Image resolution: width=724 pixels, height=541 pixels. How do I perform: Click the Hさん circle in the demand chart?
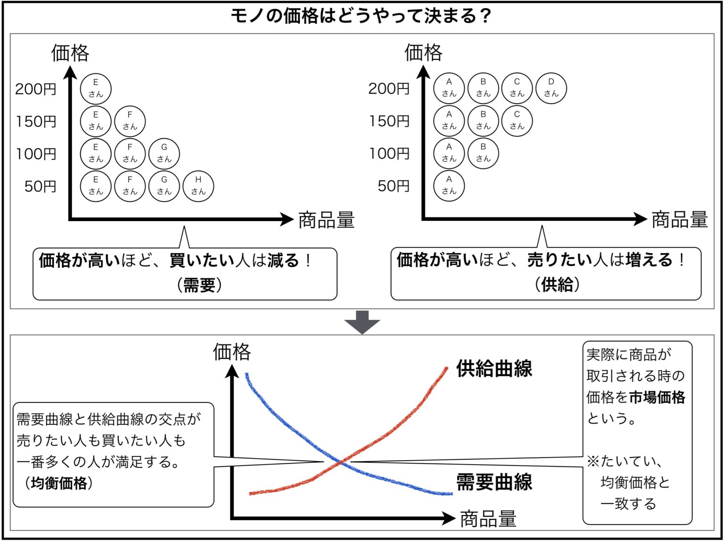point(198,186)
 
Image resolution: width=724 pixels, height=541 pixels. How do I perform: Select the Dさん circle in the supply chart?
point(551,88)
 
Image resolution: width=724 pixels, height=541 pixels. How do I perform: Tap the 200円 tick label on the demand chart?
point(36,89)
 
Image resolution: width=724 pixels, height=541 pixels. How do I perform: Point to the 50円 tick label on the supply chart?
point(394,186)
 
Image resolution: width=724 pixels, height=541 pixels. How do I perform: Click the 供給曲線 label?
point(494,368)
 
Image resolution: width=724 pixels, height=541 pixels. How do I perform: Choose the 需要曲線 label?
point(494,482)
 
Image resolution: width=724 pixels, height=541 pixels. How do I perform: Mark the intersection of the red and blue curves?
point(341,462)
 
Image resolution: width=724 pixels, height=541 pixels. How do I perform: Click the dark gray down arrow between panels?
point(362,322)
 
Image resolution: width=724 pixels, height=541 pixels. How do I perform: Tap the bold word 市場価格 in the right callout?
point(657,397)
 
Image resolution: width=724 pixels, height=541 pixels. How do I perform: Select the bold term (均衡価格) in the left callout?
point(58,483)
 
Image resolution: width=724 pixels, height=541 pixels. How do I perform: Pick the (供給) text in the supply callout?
point(557,284)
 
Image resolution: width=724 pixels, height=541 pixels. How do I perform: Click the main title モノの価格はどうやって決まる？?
point(361,17)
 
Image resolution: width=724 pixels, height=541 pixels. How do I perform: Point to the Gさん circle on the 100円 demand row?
point(164,153)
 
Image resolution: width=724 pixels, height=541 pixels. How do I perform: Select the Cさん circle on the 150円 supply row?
point(517,121)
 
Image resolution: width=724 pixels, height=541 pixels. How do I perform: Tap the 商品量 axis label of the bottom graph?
point(488,519)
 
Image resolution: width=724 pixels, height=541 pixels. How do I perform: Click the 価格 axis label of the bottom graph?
point(232,352)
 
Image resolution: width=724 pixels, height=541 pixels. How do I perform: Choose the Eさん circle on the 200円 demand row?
point(96,89)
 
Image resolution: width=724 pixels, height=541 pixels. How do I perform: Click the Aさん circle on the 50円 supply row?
point(449,186)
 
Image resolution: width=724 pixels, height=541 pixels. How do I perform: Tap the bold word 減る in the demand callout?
point(283,260)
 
